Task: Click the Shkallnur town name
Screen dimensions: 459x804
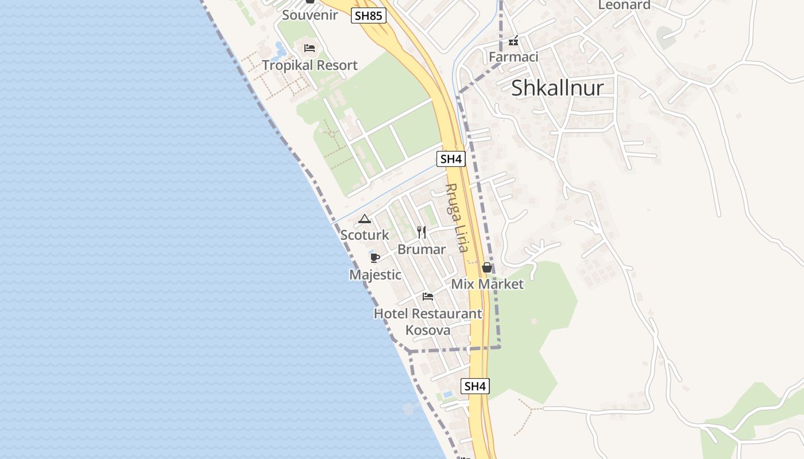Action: (557, 88)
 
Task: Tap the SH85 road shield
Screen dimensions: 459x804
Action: (368, 15)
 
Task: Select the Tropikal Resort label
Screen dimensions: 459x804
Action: (310, 65)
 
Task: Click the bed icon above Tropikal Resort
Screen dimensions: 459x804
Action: (310, 48)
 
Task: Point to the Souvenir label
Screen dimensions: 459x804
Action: (310, 15)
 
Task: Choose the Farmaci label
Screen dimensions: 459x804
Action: (513, 57)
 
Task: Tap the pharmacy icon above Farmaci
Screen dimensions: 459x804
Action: (513, 41)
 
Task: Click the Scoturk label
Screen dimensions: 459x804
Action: (364, 235)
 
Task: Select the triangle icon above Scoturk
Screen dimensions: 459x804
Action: (364, 219)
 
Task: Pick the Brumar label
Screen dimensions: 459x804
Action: (422, 249)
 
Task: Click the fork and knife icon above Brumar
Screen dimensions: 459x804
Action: (422, 232)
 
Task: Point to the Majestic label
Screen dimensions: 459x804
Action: (375, 275)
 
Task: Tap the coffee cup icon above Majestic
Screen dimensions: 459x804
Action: (375, 258)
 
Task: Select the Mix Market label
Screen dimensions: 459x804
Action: (487, 284)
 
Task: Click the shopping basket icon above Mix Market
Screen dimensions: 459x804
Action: (487, 267)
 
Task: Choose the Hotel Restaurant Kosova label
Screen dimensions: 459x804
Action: (428, 322)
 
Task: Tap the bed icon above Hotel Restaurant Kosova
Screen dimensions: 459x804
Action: (428, 297)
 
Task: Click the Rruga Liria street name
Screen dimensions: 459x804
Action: (458, 217)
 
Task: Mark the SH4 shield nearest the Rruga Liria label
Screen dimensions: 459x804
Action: (451, 159)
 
